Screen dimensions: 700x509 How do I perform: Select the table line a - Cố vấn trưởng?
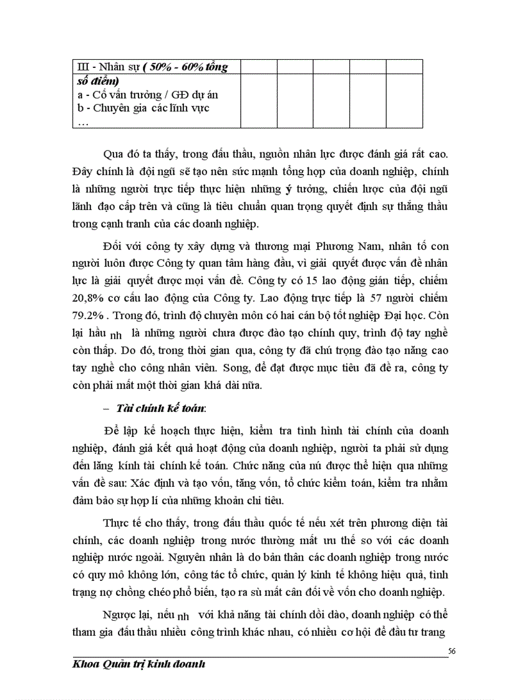[x=147, y=95]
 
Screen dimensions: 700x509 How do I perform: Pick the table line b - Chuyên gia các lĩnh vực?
[x=142, y=107]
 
